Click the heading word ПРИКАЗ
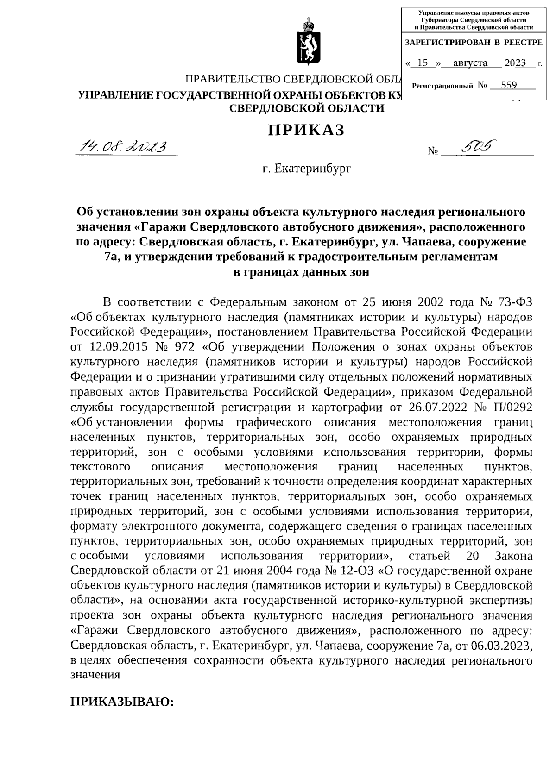[306, 131]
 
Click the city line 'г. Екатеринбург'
[306, 169]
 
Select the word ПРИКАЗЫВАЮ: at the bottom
[122, 702]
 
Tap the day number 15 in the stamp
[422, 63]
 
